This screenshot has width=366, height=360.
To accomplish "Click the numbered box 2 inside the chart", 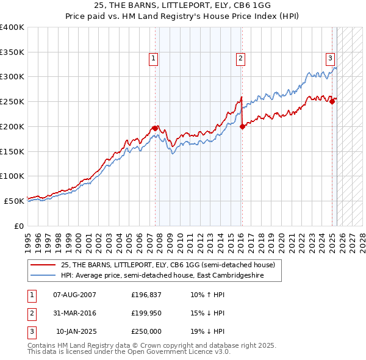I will [241, 59].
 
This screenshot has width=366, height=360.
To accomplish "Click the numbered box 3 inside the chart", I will [330, 59].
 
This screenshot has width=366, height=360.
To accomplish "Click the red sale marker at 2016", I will [242, 126].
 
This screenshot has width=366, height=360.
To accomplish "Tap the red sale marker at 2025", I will [332, 102].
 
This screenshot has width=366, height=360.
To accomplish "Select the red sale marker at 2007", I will [155, 128].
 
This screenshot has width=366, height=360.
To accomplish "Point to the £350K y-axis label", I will [12, 52].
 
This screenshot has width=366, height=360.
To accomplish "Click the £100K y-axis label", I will [12, 176].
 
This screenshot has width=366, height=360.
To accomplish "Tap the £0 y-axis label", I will [18, 226].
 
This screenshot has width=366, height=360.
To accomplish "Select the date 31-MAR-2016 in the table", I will [74, 313].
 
